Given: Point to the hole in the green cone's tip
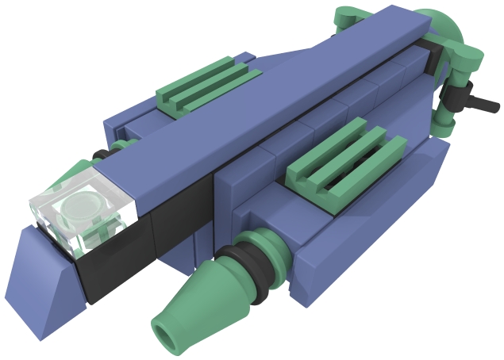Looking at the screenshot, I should coord(168,331).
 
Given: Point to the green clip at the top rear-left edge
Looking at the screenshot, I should coord(349,17).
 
